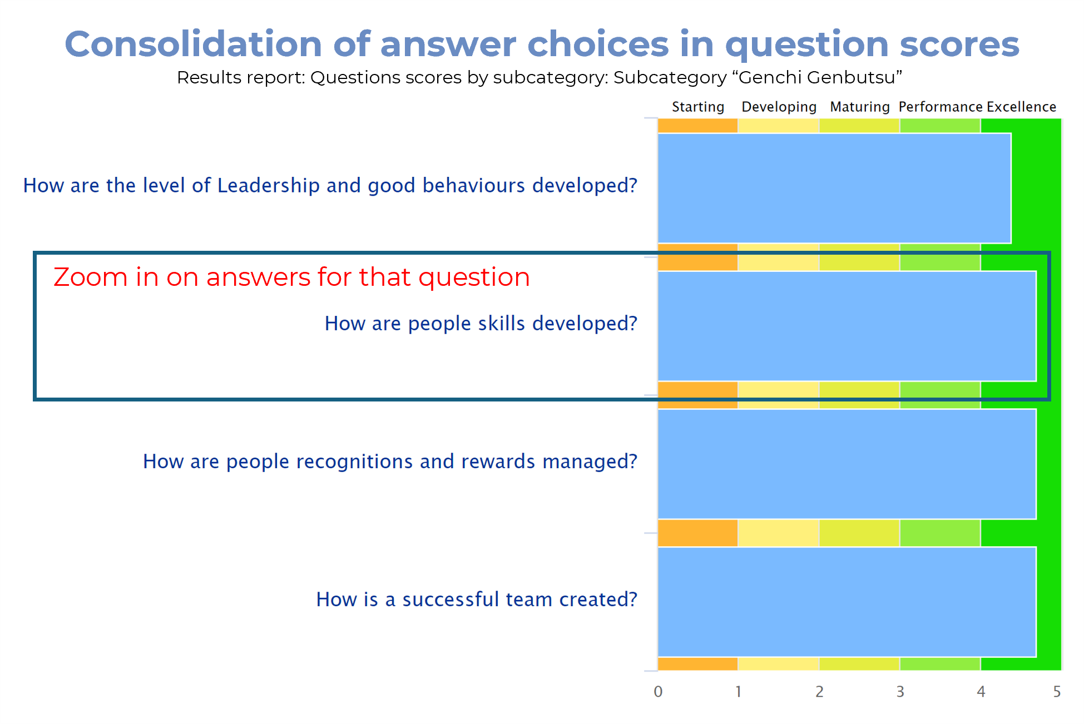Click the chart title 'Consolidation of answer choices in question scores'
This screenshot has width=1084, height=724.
point(542,44)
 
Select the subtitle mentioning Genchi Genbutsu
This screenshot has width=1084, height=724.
point(539,77)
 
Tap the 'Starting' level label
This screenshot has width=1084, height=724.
point(698,107)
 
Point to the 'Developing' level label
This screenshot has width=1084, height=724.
point(779,107)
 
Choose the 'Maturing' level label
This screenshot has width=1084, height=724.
point(860,107)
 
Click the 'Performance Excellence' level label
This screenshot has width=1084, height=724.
point(977,107)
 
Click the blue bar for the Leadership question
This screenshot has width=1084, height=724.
point(834,188)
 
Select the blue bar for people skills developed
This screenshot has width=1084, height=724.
point(847,326)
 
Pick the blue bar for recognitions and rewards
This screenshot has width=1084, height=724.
point(847,464)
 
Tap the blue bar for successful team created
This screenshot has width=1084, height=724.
point(847,602)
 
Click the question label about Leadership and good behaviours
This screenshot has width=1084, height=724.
point(330,186)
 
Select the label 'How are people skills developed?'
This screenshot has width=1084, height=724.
point(481,324)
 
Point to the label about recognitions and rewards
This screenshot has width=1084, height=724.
point(390,462)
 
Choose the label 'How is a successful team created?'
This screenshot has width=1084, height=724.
point(477,599)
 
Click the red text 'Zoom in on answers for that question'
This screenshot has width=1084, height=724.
point(291,277)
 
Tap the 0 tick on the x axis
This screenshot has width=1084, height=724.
point(658,692)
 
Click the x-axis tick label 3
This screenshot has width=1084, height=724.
point(900,692)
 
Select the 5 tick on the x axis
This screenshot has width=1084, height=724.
point(1057,692)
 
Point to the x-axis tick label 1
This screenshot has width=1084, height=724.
point(738,692)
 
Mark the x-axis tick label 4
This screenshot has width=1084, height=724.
point(981,692)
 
